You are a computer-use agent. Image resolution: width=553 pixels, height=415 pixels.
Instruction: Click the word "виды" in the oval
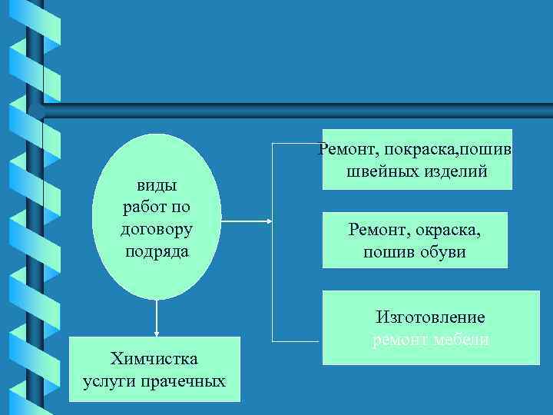click(157, 185)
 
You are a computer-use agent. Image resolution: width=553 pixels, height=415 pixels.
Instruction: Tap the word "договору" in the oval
click(157, 229)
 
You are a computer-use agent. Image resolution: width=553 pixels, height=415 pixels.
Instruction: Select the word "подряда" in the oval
click(157, 251)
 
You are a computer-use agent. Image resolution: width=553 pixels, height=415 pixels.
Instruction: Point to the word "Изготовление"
click(430, 317)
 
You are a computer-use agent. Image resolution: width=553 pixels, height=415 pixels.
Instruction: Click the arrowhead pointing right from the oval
click(268, 222)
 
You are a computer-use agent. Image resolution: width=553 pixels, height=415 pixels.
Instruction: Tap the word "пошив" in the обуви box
click(387, 251)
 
